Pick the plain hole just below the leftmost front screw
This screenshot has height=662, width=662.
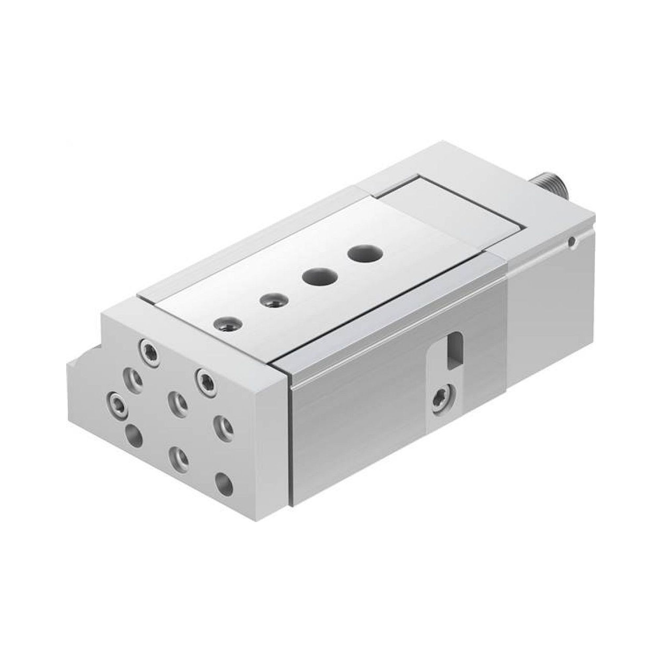coord(134,436)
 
